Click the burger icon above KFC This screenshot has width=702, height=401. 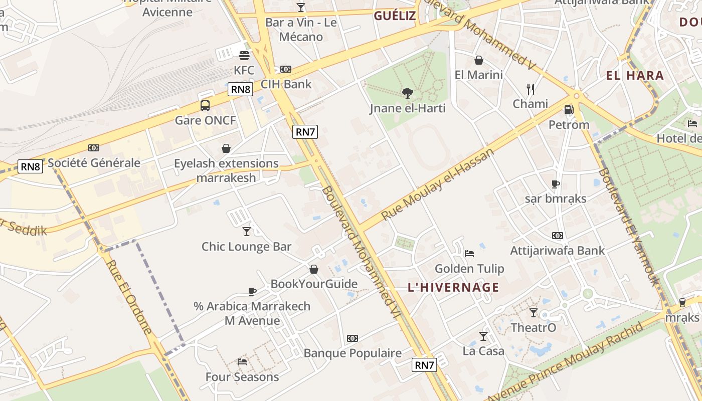pos(244,55)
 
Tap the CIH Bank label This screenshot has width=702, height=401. pos(286,84)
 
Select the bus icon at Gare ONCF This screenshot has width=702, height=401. pos(205,105)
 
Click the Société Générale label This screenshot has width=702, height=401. pos(94,162)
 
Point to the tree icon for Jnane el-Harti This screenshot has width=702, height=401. pos(407,93)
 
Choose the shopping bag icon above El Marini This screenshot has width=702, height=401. pos(478,60)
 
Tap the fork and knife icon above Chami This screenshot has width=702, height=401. pos(531,89)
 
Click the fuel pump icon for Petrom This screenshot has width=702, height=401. pos(569,109)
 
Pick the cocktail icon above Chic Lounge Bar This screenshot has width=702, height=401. pos(246,231)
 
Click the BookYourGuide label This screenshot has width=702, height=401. pos(314,284)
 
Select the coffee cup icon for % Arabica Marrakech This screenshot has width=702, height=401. pos(252,291)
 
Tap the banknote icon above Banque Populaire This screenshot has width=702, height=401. pos(353,338)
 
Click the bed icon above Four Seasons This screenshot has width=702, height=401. pos(242,361)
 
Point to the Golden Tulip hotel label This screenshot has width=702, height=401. pos(469,269)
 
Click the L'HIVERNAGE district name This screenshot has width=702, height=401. pos(453,287)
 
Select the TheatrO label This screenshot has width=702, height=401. pos(533,328)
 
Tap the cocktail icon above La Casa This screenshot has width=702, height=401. pos(483,336)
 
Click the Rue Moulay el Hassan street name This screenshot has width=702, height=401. pos(438,183)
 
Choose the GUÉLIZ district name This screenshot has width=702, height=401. pos(395,16)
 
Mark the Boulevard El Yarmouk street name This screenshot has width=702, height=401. pos(627,226)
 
